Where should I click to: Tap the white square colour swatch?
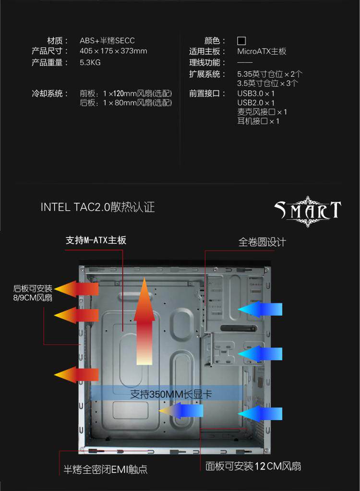pyautogui.click(x=241, y=41)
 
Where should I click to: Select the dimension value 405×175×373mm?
pyautogui.click(x=113, y=51)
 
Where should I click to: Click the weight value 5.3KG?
pyautogui.click(x=90, y=62)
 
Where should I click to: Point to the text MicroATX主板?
pyautogui.click(x=262, y=51)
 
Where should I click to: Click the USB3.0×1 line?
pyautogui.click(x=256, y=94)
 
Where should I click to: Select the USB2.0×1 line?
pyautogui.click(x=256, y=103)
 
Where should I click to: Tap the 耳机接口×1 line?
pyautogui.click(x=258, y=121)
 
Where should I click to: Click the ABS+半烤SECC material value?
pyautogui.click(x=107, y=41)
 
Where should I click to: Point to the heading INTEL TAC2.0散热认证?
pyautogui.click(x=97, y=207)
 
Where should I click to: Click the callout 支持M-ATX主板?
pyautogui.click(x=96, y=240)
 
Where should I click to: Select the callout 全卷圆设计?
pyautogui.click(x=262, y=242)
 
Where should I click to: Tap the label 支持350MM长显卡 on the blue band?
pyautogui.click(x=171, y=395)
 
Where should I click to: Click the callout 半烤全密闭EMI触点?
pyautogui.click(x=106, y=469)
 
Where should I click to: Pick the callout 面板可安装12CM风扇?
pyautogui.click(x=253, y=466)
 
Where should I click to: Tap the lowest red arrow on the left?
pyautogui.click(x=76, y=374)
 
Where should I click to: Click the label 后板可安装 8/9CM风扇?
pyautogui.click(x=33, y=293)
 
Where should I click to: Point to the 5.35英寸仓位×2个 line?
pyautogui.click(x=270, y=74)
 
